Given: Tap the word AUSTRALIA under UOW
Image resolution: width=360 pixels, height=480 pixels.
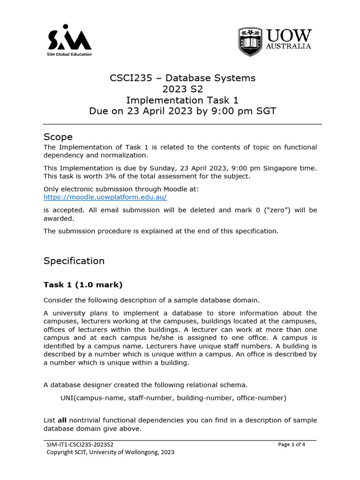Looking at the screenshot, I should click(x=288, y=46).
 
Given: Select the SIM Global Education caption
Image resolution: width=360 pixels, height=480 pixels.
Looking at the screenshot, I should click(x=70, y=54).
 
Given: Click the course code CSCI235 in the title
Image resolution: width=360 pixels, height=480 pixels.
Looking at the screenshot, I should click(x=129, y=78).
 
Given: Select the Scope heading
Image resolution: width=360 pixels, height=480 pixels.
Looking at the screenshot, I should click(x=58, y=137).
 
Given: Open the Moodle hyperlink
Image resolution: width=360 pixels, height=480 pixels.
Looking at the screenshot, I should click(x=105, y=197).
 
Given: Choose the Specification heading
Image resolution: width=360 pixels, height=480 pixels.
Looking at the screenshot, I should click(x=74, y=261).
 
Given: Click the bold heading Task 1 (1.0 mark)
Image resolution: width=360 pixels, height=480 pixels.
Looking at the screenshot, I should click(x=83, y=285).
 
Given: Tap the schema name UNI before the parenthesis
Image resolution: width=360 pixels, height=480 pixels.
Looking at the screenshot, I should click(x=68, y=398).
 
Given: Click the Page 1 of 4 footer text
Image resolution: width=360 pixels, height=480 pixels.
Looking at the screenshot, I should click(x=292, y=444).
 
